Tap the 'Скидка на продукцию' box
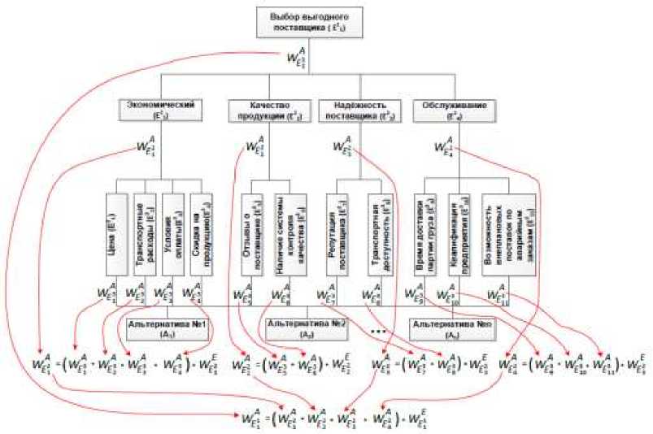pos(198,232)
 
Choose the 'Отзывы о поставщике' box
pos(251,232)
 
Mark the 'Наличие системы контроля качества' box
pos(287,232)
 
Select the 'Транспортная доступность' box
pos(377,232)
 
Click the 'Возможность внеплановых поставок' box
pos(510,232)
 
